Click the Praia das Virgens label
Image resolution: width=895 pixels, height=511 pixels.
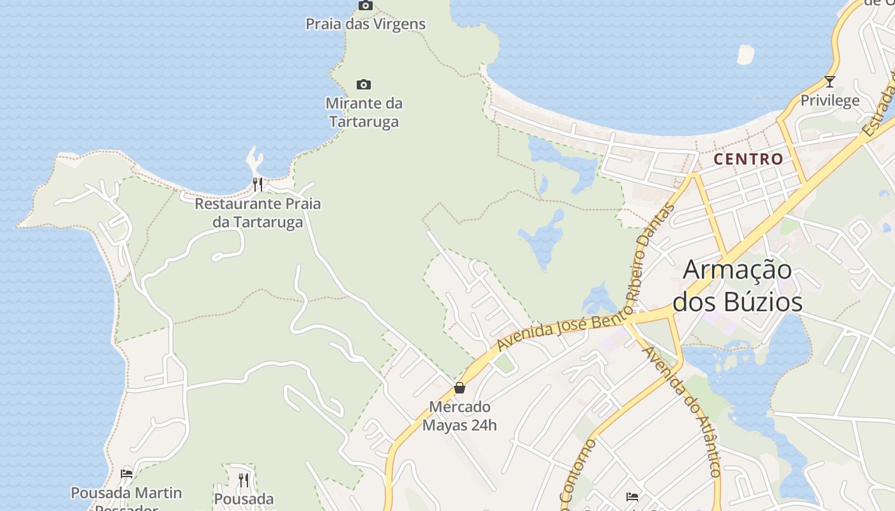tap(365, 24)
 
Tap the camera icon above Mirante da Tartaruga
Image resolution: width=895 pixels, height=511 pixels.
tap(364, 84)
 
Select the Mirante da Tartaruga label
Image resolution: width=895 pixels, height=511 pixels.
tap(364, 112)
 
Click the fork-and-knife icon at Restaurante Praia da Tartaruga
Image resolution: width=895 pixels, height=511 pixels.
tap(258, 185)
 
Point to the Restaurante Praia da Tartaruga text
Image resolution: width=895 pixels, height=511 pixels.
tap(258, 213)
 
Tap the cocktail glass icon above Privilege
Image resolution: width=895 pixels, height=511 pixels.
tap(830, 82)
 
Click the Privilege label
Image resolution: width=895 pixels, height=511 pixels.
tap(830, 100)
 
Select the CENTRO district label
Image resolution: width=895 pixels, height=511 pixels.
tap(748, 159)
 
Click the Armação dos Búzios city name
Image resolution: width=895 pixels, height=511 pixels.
tap(737, 285)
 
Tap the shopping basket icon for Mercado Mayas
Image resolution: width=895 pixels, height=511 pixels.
tap(459, 388)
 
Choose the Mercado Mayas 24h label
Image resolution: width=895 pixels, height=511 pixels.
tap(459, 416)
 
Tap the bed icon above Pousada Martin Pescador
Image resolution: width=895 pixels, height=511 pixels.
tap(127, 474)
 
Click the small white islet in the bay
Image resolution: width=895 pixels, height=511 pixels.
tap(745, 54)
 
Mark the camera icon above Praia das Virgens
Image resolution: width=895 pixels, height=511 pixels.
tap(365, 6)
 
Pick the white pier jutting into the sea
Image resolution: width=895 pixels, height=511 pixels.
tap(254, 159)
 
